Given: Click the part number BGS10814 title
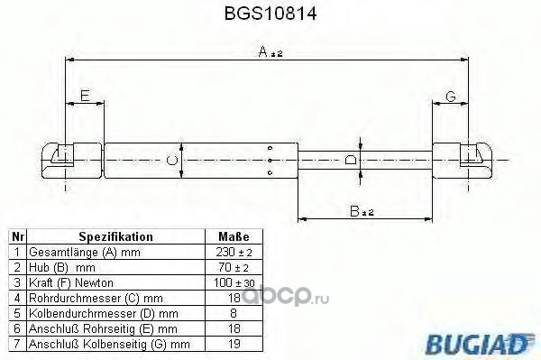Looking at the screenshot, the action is click(x=270, y=14).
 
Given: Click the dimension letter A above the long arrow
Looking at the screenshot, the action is click(x=263, y=51).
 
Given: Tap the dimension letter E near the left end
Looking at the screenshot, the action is click(x=85, y=95).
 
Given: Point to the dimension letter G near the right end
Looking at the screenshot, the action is click(x=451, y=96).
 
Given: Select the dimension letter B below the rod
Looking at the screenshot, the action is click(x=354, y=210).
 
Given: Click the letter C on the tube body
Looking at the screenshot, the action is click(x=172, y=161).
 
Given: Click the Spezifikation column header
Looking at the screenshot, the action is click(x=116, y=236).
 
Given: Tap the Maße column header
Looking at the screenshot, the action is click(x=234, y=236).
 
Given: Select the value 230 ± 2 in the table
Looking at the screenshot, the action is click(x=234, y=252).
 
